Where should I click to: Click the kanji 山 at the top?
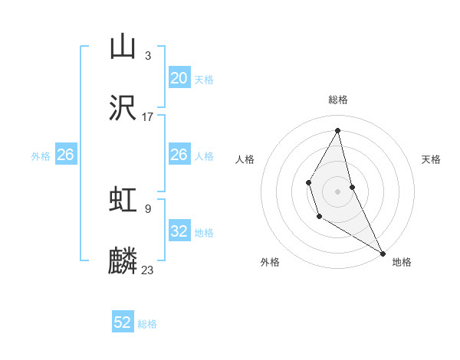[123, 47]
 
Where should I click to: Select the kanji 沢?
[123, 108]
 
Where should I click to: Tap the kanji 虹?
[123, 200]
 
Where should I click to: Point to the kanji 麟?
[123, 261]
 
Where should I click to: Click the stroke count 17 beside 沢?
[148, 117]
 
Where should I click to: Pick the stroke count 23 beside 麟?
[148, 270]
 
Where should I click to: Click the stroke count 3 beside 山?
[148, 55]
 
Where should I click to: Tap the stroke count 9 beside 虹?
[148, 208]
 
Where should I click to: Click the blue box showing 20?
[179, 78]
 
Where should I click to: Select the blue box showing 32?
[179, 231]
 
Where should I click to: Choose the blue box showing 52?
[123, 322]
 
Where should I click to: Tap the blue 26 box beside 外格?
[65, 155]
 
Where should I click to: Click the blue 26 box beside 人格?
[179, 155]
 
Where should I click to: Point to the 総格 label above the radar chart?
[338, 100]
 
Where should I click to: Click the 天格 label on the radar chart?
[431, 159]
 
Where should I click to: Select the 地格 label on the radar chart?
[402, 262]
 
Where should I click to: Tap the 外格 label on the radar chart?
[270, 262]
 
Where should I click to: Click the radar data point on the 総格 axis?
[338, 130]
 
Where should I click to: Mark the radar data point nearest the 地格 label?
[383, 253]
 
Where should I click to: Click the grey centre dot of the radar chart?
[338, 191]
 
